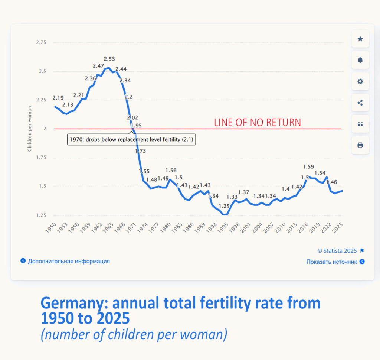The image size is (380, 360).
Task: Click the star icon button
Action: [x=360, y=39]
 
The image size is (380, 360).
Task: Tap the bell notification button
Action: [x=360, y=60]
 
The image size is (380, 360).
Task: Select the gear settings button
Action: [x=360, y=81]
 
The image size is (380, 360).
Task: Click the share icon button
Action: [x=360, y=103]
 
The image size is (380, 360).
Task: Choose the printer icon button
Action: [x=360, y=145]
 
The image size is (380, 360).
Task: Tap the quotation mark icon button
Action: [x=360, y=124]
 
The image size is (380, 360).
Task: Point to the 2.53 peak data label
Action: [x=109, y=59]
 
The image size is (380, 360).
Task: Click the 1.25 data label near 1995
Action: [x=224, y=206]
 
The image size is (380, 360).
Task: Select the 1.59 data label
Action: [x=309, y=167]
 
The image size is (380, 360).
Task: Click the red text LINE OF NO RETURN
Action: [x=258, y=123]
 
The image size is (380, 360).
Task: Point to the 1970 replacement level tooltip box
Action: [x=131, y=140]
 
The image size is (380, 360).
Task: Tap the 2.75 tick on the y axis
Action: [x=41, y=43]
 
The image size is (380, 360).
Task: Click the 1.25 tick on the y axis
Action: [x=41, y=215]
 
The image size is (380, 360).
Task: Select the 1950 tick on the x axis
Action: [x=52, y=227]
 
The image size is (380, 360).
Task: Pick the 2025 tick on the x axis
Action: [x=338, y=227]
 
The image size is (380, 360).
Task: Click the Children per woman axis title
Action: [x=30, y=129]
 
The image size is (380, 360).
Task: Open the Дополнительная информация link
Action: [x=69, y=261]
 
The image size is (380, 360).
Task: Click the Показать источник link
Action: [x=332, y=262]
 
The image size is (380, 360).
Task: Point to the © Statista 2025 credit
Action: [x=337, y=251]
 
